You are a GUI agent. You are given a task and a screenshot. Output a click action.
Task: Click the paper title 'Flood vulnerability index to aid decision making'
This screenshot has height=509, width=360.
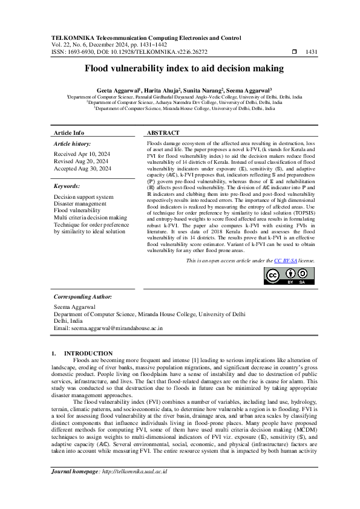tap(180, 70)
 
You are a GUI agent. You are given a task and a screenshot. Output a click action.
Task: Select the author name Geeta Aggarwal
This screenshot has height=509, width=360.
tap(117, 89)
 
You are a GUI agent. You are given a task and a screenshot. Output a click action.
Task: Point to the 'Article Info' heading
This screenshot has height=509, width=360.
tap(69, 132)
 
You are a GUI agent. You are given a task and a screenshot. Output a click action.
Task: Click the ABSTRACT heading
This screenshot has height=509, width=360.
tap(163, 132)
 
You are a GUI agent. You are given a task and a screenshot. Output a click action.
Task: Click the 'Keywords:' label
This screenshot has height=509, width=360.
tap(67, 187)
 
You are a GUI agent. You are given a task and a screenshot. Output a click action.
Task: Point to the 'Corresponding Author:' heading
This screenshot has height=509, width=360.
tap(83, 297)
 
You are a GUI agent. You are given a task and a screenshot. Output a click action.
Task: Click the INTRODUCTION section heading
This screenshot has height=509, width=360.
tap(88, 353)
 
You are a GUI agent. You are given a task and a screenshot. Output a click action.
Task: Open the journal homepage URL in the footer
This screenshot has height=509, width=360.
tap(134, 488)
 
